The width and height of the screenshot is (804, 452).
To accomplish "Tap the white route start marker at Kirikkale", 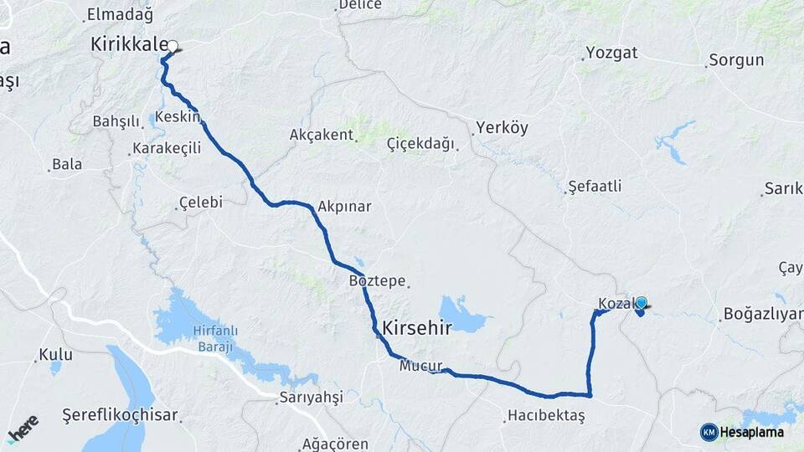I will pos(173,47).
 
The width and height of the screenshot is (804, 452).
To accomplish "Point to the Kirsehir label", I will pos(416,329).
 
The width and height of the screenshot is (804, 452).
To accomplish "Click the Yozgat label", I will pos(611,53).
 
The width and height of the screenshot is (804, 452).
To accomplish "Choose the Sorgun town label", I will pos(736,60).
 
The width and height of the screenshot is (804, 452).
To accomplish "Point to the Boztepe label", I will pos(377,281).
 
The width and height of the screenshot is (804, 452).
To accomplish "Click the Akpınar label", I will pos(344,206).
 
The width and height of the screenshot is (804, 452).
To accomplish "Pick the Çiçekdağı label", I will pos(420,144).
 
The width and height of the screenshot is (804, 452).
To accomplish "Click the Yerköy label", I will pos(502,129).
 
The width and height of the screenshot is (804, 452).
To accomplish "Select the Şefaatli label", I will pos(595,186).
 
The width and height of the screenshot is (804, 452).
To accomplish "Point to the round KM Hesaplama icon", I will pos(709,432).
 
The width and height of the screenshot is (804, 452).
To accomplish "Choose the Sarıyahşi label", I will pos(312,398).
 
